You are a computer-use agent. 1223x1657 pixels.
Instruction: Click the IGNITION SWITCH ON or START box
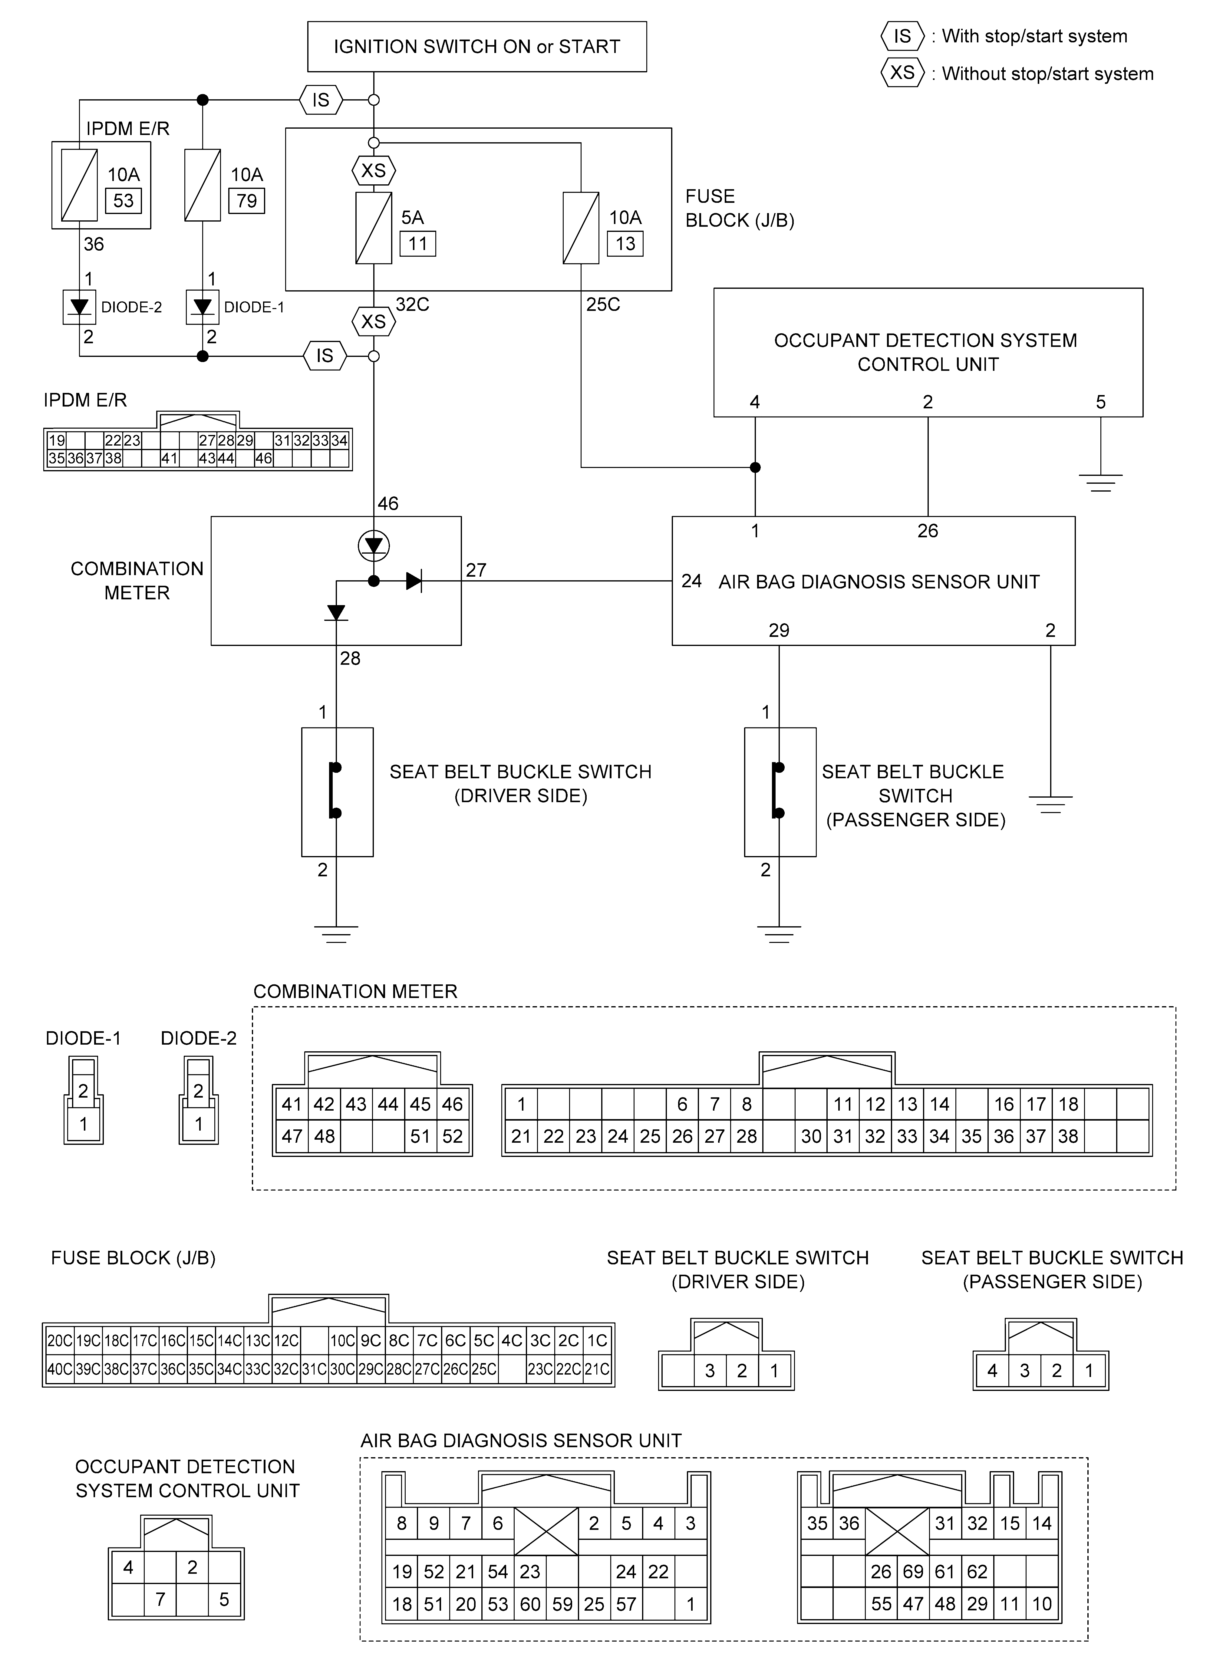click(x=477, y=47)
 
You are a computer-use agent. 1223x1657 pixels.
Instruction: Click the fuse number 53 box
click(x=124, y=201)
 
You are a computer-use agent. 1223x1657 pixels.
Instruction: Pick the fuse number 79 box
click(x=246, y=201)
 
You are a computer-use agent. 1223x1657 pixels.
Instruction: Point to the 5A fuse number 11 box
click(x=417, y=243)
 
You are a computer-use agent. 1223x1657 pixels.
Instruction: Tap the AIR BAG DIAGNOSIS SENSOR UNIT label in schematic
click(x=879, y=582)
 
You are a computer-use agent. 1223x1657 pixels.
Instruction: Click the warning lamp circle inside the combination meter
click(x=374, y=546)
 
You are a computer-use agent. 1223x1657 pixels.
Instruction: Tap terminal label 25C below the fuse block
click(x=603, y=305)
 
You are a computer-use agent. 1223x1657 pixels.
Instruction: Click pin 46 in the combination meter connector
click(x=452, y=1104)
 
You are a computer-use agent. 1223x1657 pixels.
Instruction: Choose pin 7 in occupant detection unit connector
click(x=160, y=1599)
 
